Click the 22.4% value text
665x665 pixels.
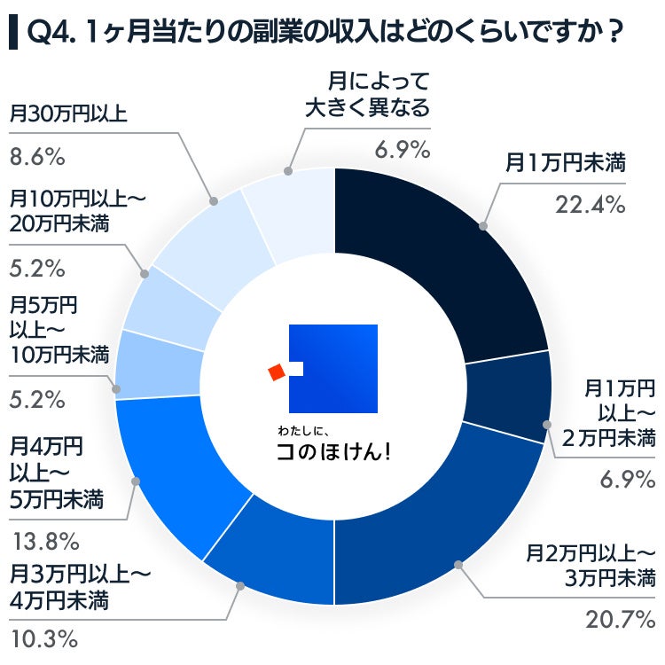tap(591, 205)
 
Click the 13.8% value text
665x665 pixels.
tap(43, 539)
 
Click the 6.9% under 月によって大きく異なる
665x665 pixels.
tap(402, 149)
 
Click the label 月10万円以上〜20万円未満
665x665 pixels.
tap(75, 210)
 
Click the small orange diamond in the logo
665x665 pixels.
tap(277, 372)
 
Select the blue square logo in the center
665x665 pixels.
tap(334, 368)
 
